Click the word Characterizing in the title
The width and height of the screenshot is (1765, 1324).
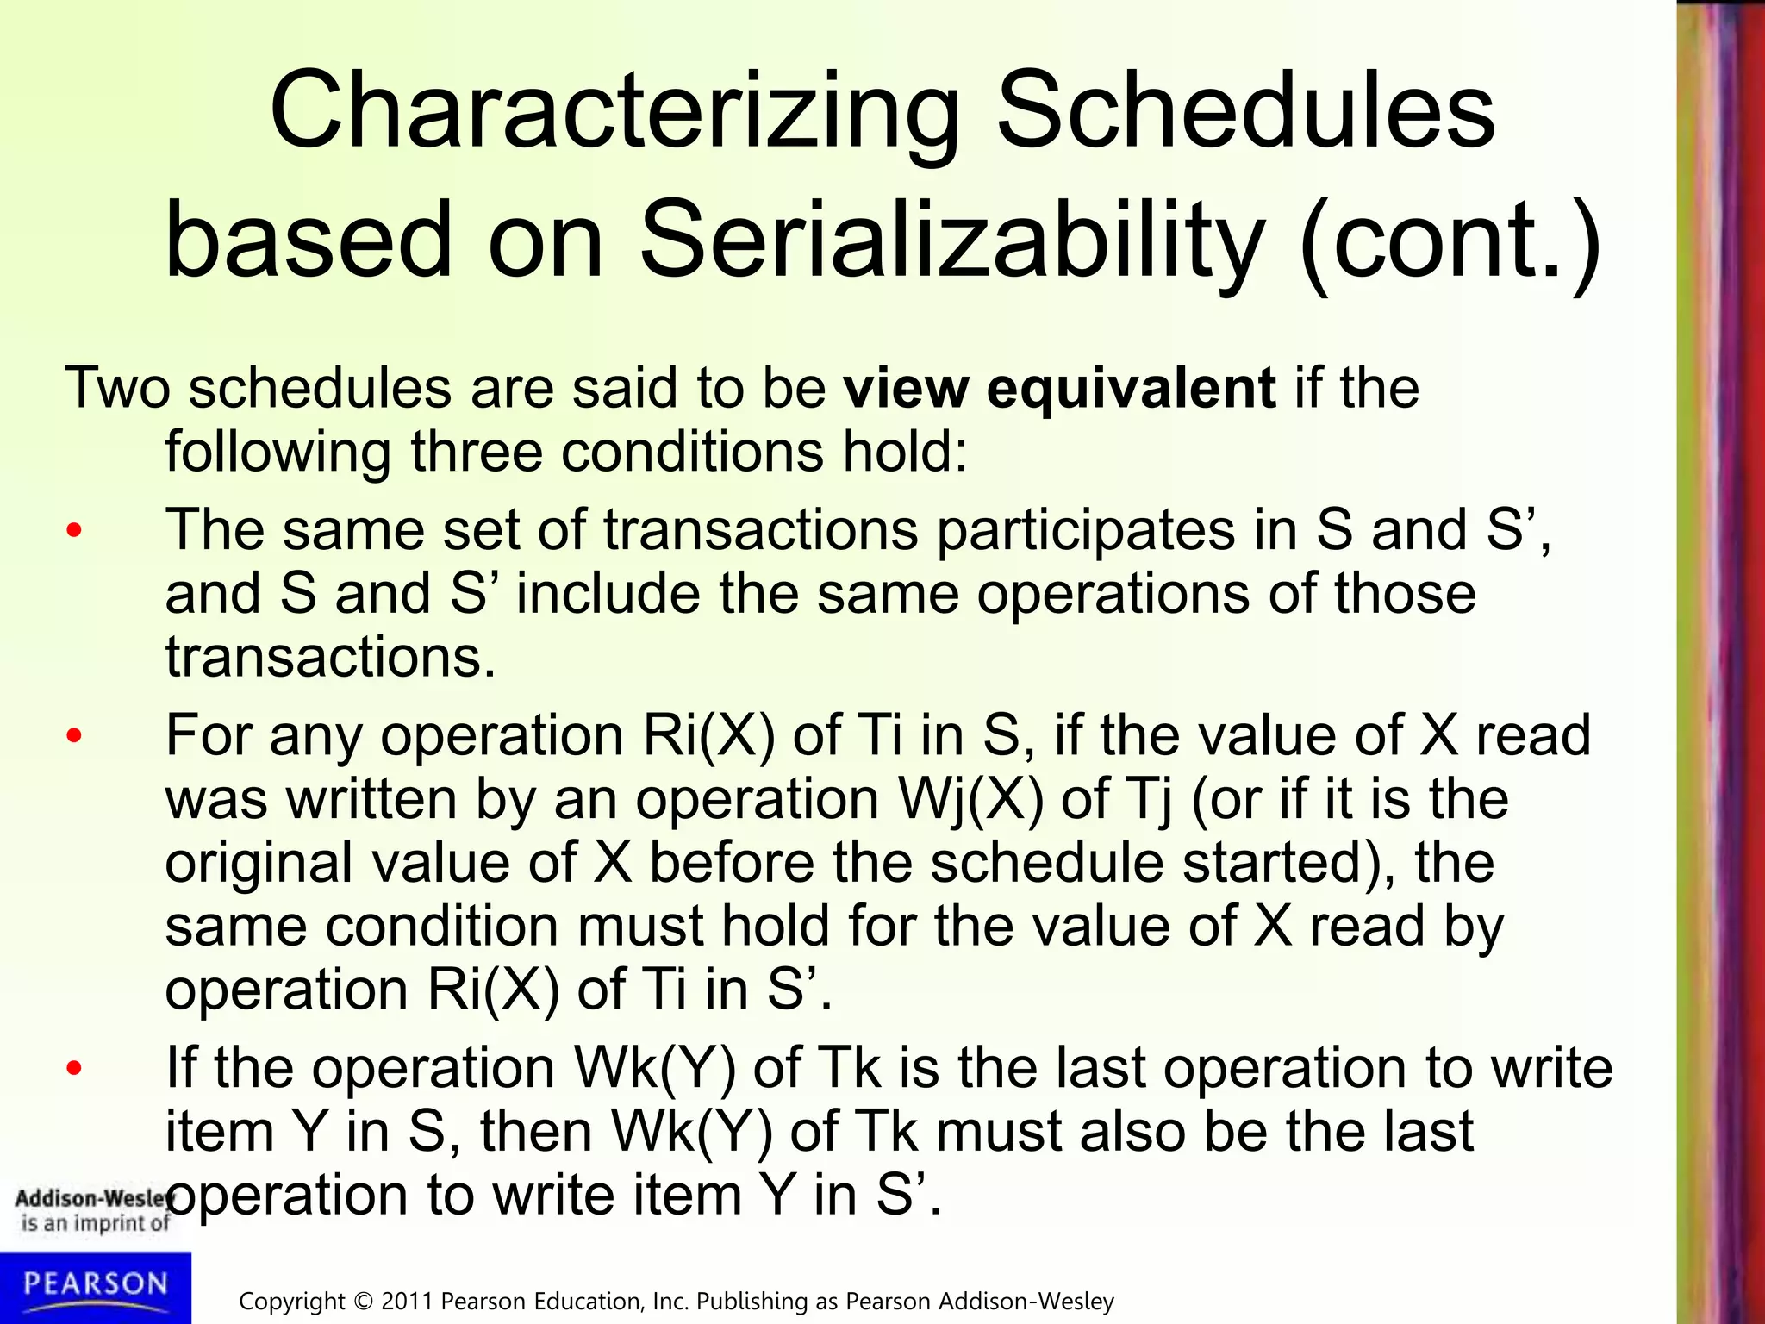pyautogui.click(x=614, y=112)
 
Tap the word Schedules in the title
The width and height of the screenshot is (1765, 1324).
pyautogui.click(x=1245, y=112)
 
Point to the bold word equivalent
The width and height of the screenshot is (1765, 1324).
pyautogui.click(x=1131, y=389)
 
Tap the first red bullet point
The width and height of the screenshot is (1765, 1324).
pyautogui.click(x=74, y=530)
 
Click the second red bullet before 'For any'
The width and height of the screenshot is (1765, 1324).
pyautogui.click(x=74, y=736)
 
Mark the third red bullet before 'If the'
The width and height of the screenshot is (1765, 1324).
pyautogui.click(x=74, y=1068)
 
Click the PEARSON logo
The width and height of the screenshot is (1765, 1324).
pyautogui.click(x=95, y=1285)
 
